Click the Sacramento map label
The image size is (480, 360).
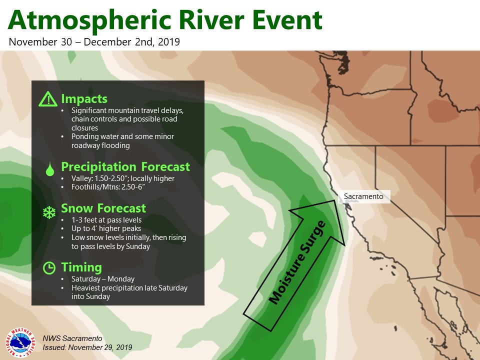coord(363,196)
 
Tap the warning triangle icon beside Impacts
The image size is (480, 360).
coord(48,99)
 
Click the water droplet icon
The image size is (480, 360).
coord(50,169)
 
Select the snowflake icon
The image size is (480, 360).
coord(49,212)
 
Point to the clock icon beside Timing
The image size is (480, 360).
coord(49,268)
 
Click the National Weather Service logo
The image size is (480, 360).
coord(20,343)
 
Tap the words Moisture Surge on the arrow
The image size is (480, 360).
coord(297,262)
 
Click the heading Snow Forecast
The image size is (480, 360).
coord(103,208)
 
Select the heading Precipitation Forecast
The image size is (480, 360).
coord(125,167)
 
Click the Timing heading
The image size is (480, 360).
coord(81,267)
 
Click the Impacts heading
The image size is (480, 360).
coord(84,99)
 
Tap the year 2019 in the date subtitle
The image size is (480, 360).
coord(168,42)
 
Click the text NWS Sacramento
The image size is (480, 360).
coord(72,338)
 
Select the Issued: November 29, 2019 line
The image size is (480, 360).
coord(87,347)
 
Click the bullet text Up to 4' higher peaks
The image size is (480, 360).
coord(106,228)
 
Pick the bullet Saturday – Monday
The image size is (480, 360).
coord(103,279)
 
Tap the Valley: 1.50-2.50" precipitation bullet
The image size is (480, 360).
coord(123,178)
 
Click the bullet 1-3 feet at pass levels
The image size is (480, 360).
coord(106,220)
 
